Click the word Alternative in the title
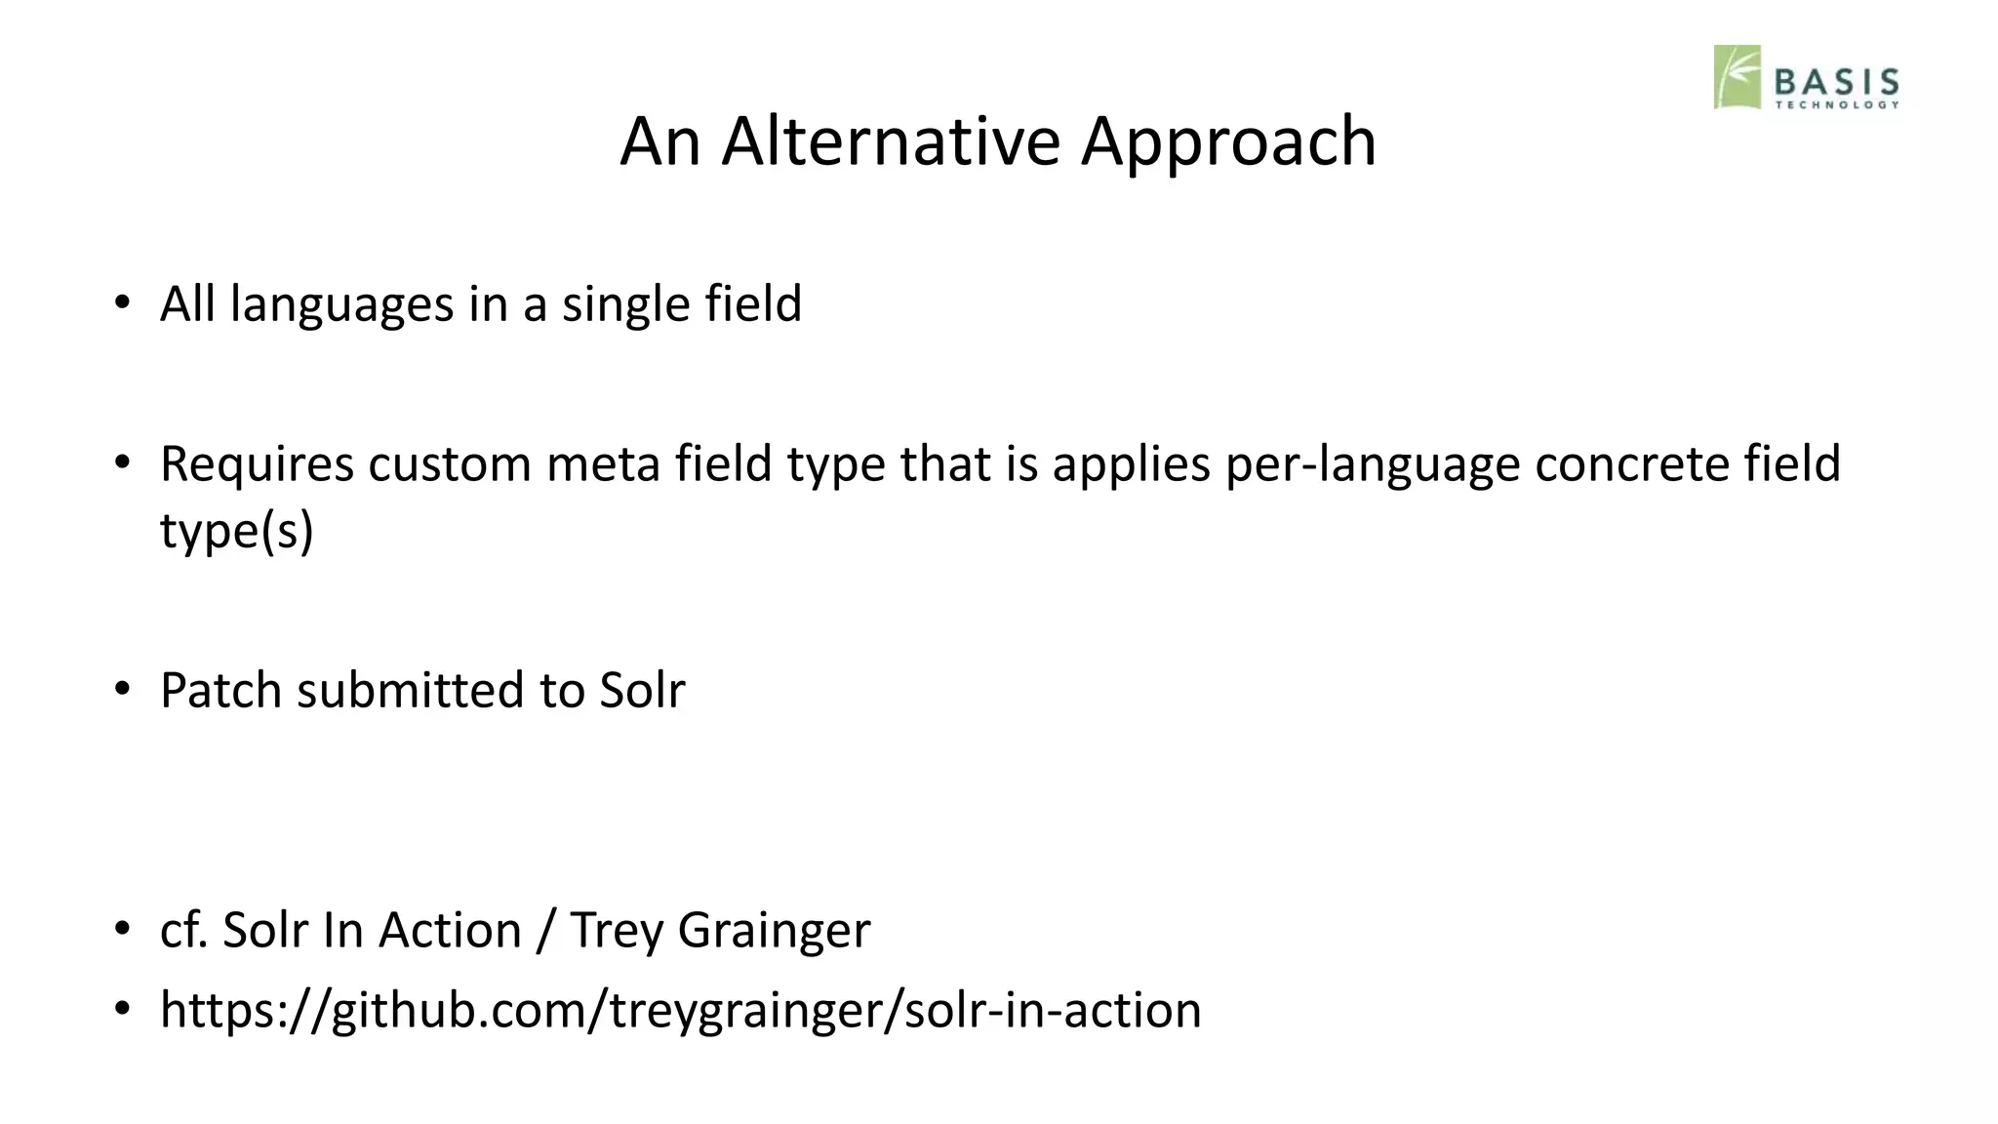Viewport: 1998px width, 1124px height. pyautogui.click(x=890, y=141)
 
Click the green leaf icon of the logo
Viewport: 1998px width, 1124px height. pyautogui.click(x=1737, y=76)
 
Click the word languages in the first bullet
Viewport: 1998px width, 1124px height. pyautogui.click(x=341, y=304)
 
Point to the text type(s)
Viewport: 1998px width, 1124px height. pyautogui.click(x=236, y=531)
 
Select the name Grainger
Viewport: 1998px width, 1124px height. pyautogui.click(x=773, y=930)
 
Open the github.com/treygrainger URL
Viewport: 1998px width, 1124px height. pyautogui.click(x=680, y=1010)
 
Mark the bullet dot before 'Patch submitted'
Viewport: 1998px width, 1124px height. pyautogui.click(x=121, y=690)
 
